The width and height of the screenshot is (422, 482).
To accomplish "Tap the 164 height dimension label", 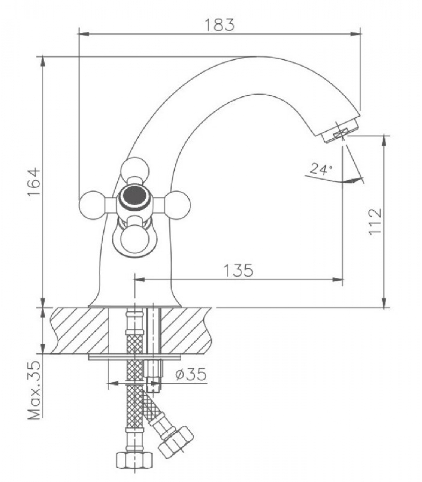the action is (34, 182).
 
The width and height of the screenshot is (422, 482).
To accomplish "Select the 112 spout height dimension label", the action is (375, 221).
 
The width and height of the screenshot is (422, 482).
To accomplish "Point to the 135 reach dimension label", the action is (238, 270).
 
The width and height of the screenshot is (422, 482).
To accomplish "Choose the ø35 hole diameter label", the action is (191, 374).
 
